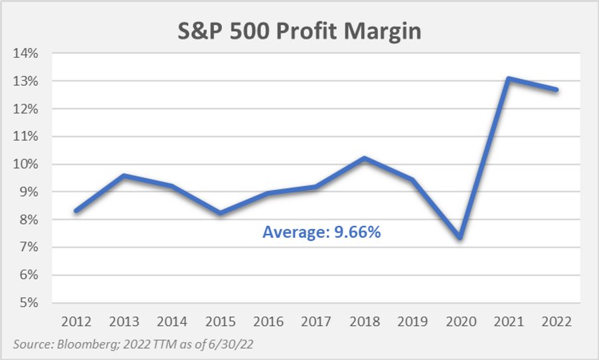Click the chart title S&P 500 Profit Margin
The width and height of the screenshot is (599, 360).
299,31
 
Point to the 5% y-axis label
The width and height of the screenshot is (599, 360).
27,303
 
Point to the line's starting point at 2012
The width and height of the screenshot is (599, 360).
77,211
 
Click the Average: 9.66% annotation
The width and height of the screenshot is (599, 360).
321,232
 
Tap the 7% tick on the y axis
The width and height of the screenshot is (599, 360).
27,247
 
